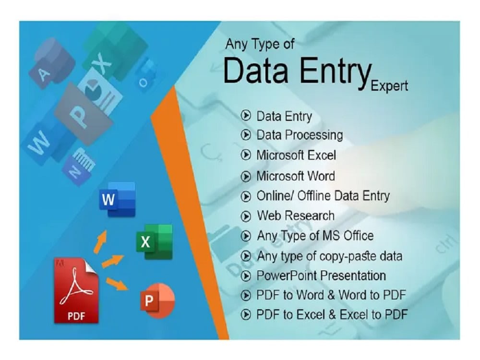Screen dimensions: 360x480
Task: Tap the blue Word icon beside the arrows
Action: (x=117, y=199)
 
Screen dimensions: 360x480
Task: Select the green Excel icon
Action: (x=154, y=241)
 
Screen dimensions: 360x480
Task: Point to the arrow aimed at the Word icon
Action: (x=101, y=240)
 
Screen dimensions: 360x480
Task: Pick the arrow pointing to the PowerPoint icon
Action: (x=117, y=283)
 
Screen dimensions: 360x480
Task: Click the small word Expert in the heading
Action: (x=389, y=86)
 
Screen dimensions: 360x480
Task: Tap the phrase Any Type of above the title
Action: (x=260, y=44)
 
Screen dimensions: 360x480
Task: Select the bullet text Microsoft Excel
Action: (x=296, y=156)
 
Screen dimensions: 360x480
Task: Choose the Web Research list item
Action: (x=295, y=216)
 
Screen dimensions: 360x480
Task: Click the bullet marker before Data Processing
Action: (x=246, y=135)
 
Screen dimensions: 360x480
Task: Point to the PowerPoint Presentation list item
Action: (x=321, y=276)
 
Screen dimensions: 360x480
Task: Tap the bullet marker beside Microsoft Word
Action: (x=246, y=176)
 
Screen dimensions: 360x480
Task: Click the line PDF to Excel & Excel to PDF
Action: (x=332, y=315)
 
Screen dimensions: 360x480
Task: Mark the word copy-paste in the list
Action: (x=344, y=256)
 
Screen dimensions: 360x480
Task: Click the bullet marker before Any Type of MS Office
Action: (x=246, y=236)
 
